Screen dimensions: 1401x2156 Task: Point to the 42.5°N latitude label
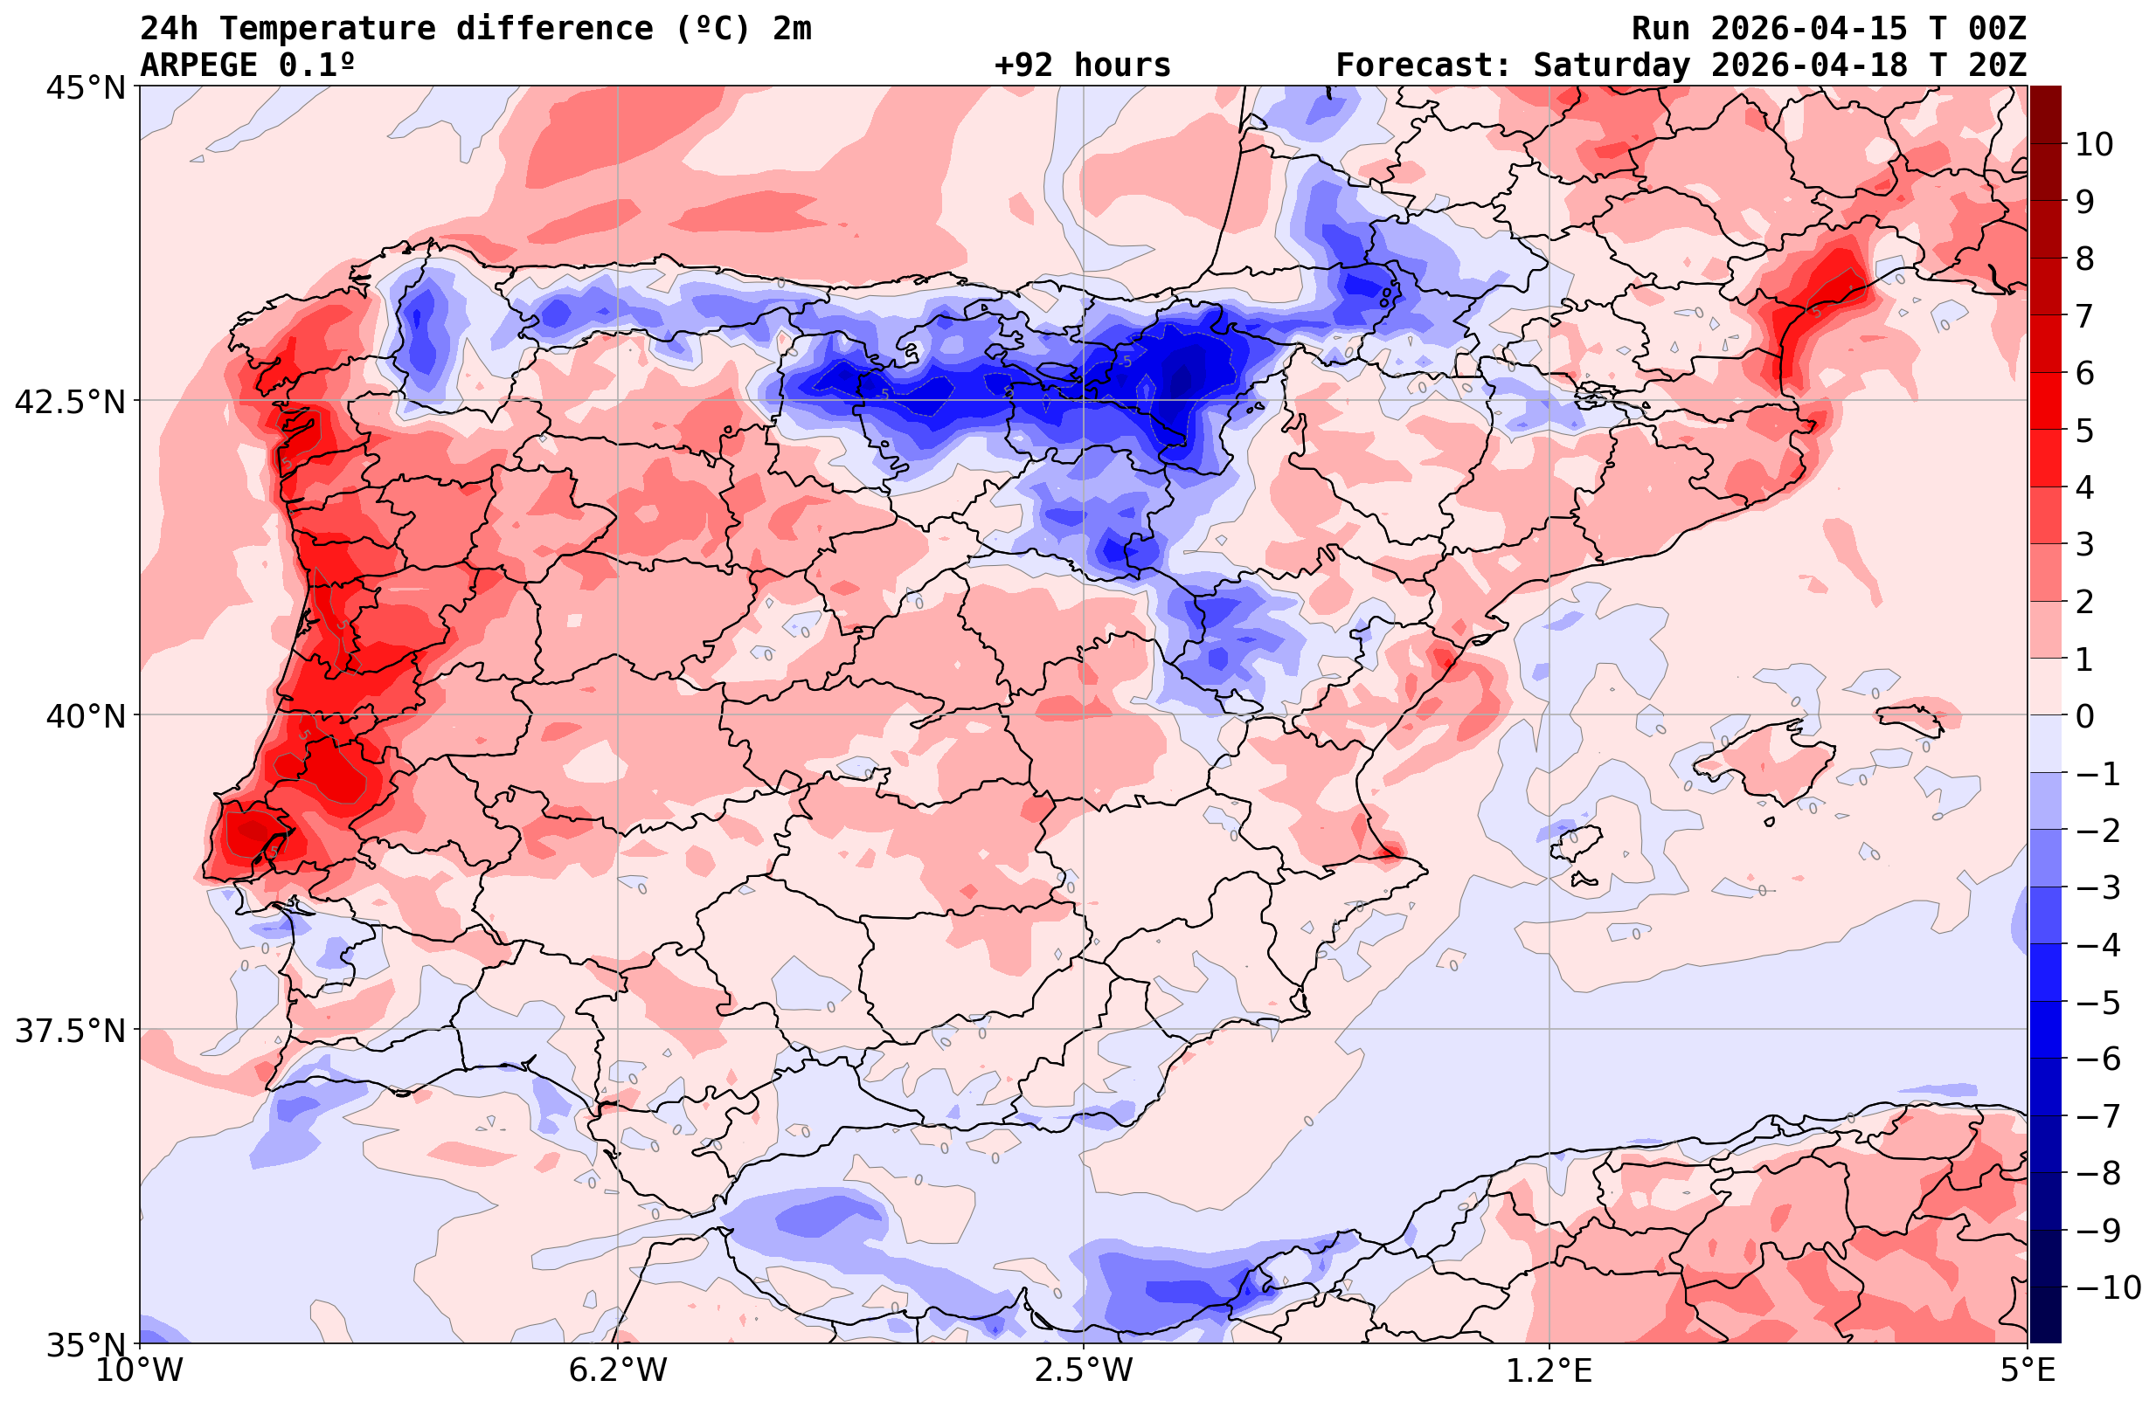point(69,401)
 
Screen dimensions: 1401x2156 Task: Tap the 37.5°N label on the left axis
point(69,1031)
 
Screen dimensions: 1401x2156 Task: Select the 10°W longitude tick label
point(139,1370)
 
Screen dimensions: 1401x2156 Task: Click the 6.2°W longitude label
point(618,1370)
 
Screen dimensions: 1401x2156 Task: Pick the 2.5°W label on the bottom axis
point(1084,1370)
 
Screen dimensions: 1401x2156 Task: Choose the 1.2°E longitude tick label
point(1549,1370)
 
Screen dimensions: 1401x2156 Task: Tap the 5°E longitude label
point(2028,1370)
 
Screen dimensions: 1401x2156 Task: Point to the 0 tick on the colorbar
point(2084,716)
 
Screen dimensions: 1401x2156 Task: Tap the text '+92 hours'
point(1083,66)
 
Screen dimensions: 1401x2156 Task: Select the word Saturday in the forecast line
point(1611,66)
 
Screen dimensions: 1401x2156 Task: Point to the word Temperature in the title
point(337,29)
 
